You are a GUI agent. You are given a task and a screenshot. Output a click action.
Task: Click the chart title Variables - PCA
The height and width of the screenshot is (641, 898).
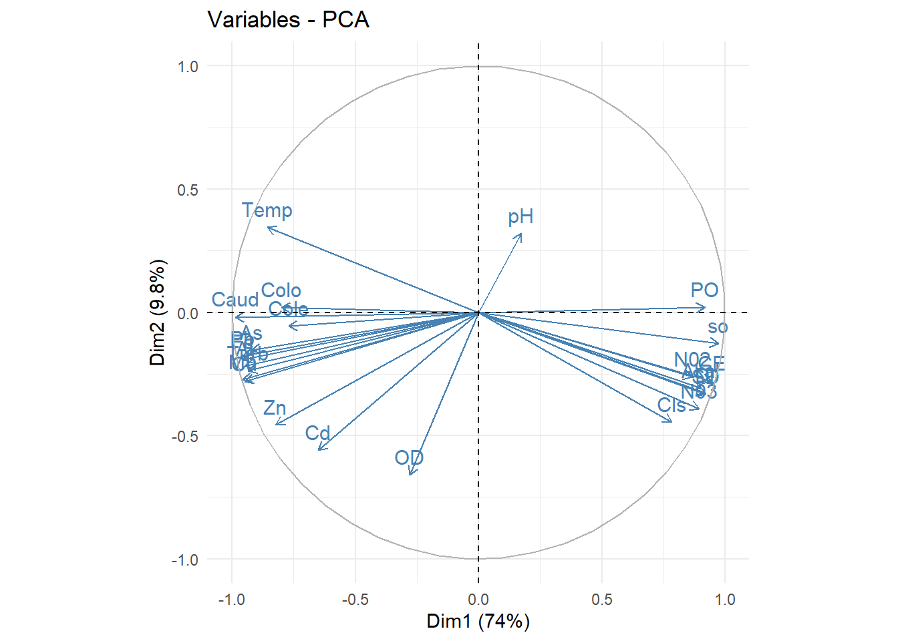tap(288, 19)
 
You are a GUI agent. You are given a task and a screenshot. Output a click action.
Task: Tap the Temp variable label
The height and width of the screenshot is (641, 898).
tap(267, 210)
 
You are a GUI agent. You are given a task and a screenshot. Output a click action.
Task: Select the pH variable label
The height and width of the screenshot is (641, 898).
tap(520, 216)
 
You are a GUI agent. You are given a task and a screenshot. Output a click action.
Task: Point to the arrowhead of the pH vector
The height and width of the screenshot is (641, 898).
tap(521, 234)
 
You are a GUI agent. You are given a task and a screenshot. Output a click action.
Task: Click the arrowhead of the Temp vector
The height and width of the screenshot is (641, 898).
tap(268, 228)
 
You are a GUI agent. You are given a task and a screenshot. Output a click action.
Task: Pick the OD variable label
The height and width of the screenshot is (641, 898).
tap(409, 457)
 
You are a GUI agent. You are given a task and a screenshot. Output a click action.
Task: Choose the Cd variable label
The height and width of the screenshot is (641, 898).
tap(318, 433)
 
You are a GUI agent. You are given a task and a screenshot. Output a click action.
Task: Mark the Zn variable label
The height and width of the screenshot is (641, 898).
tap(275, 408)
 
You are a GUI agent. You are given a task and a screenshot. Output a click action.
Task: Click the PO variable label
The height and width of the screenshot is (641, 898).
tap(704, 290)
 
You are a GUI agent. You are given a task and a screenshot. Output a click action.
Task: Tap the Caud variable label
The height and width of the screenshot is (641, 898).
tap(235, 300)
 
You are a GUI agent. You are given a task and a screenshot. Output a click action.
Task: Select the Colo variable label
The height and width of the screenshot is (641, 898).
tap(281, 290)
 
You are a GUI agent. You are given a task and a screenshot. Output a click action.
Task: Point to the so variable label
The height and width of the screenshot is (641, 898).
tap(718, 327)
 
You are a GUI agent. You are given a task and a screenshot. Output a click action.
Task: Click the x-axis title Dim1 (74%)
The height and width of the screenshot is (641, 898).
tap(478, 621)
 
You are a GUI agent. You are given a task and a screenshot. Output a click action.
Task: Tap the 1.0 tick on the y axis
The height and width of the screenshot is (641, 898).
tap(188, 66)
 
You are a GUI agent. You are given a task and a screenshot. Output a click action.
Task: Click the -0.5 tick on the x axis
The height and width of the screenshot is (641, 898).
tap(355, 599)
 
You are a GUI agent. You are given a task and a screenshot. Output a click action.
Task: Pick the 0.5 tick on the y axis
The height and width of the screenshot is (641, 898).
tap(188, 190)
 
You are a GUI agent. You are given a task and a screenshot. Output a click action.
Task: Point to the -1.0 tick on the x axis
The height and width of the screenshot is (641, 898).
tap(232, 599)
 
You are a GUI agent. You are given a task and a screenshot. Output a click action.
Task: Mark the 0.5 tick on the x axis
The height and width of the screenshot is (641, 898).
tap(601, 599)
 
